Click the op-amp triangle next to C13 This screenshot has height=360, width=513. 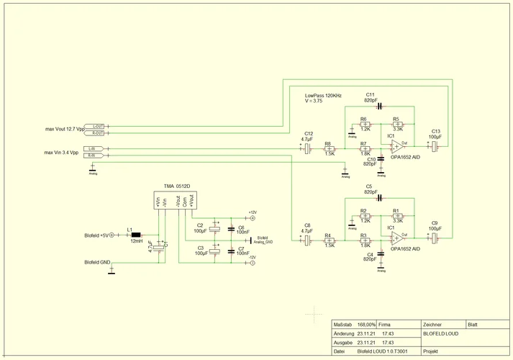[397, 145]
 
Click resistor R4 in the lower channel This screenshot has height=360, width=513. [329, 239]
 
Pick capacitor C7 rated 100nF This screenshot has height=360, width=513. [232, 253]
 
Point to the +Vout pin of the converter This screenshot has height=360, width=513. [191, 202]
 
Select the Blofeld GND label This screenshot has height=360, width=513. [96, 264]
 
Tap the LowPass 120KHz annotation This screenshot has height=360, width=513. [323, 96]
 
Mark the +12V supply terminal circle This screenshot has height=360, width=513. [253, 218]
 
